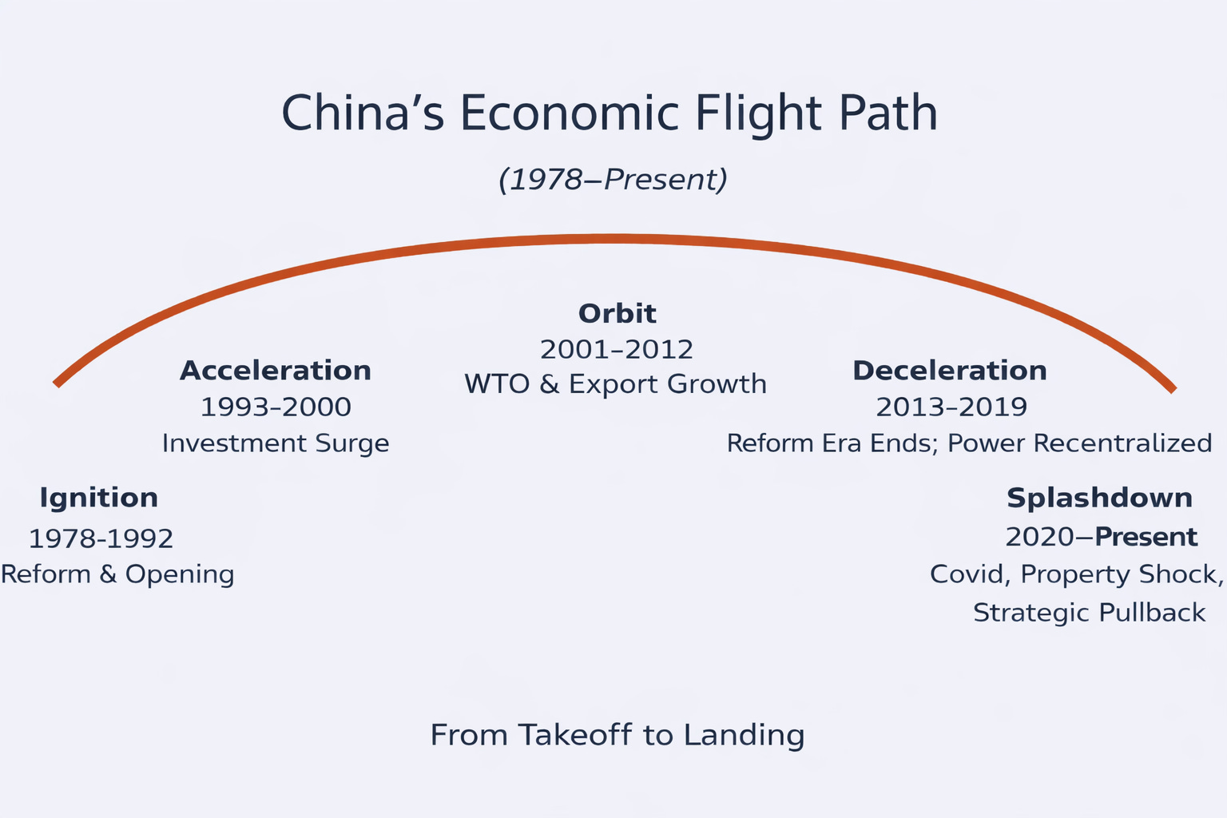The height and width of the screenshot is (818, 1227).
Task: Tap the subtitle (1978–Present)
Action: [613, 179]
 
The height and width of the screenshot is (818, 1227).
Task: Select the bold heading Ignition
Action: [98, 498]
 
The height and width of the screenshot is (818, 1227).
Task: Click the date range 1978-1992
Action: [101, 538]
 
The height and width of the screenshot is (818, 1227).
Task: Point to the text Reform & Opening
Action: [117, 574]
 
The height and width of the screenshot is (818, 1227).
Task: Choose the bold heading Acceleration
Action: [276, 371]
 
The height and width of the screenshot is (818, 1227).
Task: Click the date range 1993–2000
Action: [276, 407]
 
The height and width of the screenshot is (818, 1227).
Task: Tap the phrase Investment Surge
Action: [276, 443]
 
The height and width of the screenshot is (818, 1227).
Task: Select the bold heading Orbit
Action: [617, 313]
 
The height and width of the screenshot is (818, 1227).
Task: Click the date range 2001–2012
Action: [616, 350]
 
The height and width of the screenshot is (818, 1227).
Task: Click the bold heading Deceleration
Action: [949, 371]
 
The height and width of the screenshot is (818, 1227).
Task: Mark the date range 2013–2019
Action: [951, 407]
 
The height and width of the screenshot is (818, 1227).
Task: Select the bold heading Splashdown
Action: [1099, 498]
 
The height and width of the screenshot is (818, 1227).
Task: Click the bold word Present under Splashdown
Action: [1146, 537]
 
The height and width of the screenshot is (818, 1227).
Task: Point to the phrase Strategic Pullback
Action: [1089, 613]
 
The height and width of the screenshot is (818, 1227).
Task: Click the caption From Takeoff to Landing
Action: [617, 735]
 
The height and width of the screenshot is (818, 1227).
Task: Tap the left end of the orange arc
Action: [58, 383]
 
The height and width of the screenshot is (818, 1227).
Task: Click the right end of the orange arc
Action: [1172, 389]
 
